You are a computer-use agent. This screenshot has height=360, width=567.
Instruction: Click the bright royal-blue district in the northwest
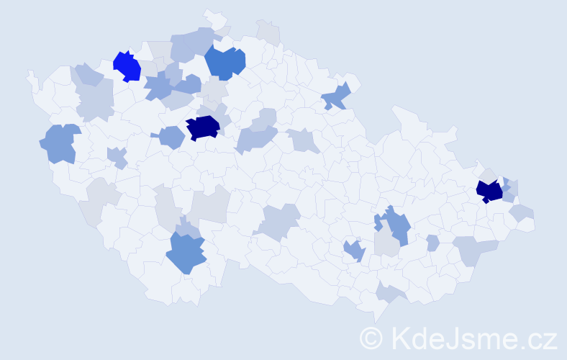[x=127, y=66]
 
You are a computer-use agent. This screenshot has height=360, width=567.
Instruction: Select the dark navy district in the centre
[x=202, y=127]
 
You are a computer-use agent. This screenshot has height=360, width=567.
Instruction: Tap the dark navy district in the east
[x=489, y=191]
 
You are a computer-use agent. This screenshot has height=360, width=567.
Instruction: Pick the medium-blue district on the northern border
[x=225, y=62]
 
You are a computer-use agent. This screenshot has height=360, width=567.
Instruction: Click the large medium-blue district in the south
[x=186, y=253]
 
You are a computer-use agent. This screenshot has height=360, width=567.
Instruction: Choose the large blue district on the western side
[x=60, y=143]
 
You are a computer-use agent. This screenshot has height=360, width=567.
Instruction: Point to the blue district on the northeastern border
[x=336, y=95]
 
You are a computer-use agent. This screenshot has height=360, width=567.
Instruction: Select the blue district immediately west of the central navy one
[x=171, y=136]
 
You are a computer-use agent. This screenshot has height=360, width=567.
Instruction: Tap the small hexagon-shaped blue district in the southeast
[x=432, y=243]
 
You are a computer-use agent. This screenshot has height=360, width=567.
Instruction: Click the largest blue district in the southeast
[x=395, y=224]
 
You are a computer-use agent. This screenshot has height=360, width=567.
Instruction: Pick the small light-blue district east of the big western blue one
[x=117, y=156]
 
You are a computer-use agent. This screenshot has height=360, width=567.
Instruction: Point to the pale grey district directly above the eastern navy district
[x=489, y=175]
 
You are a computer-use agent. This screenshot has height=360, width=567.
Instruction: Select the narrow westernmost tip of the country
[x=30, y=76]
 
